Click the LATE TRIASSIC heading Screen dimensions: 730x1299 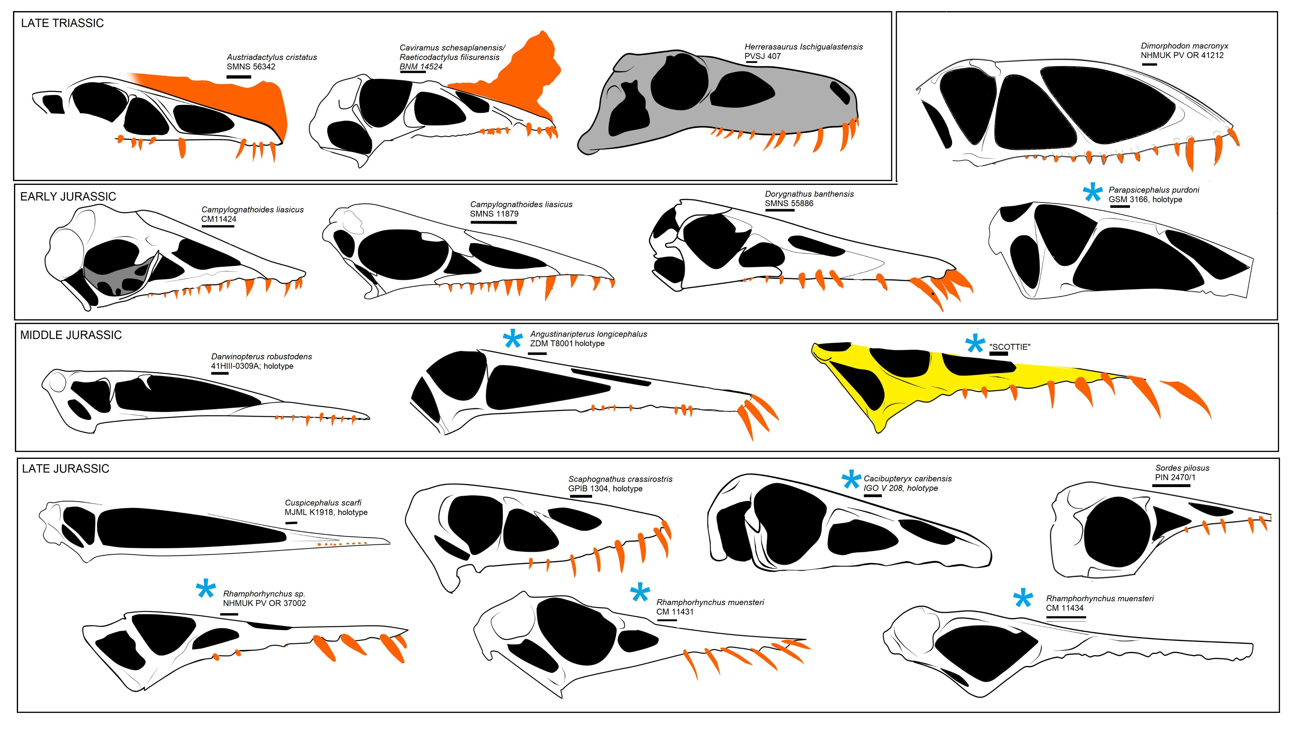62,23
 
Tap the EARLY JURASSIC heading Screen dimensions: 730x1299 68,197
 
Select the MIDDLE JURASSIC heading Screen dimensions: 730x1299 71,335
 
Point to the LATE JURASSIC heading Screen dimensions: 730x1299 66,469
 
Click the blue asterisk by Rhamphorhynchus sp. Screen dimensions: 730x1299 206,589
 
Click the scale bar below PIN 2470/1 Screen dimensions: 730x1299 1171,486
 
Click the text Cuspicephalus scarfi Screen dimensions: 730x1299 323,503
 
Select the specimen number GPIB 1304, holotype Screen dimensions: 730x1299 605,488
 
